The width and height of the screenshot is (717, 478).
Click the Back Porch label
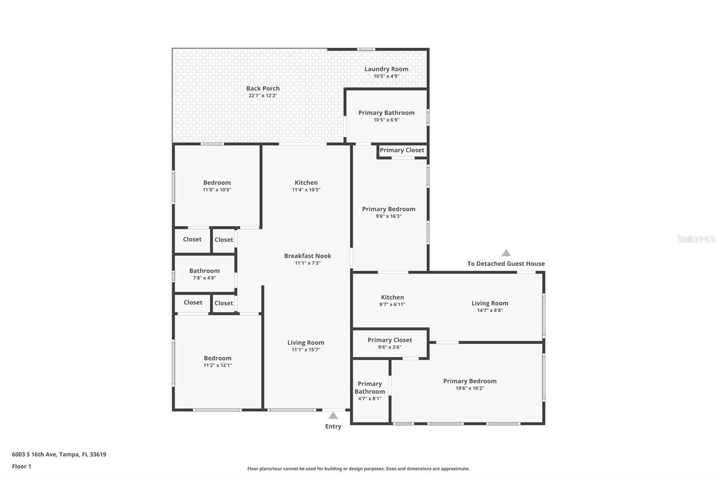pyautogui.click(x=263, y=88)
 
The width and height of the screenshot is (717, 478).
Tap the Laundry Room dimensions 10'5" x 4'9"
pyautogui.click(x=386, y=76)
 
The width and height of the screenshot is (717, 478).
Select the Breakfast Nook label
pyautogui.click(x=307, y=256)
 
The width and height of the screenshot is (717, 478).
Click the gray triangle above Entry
pyautogui.click(x=333, y=416)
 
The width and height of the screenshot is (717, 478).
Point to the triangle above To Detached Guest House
pyautogui.click(x=506, y=253)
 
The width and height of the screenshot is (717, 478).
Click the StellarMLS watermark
pyautogui.click(x=696, y=239)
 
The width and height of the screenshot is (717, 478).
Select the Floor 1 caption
pyautogui.click(x=22, y=466)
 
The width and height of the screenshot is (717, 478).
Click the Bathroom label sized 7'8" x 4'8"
pyautogui.click(x=204, y=271)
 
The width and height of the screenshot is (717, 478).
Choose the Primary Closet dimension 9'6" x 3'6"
pyautogui.click(x=389, y=347)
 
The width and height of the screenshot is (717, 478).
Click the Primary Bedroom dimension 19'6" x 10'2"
pyautogui.click(x=470, y=388)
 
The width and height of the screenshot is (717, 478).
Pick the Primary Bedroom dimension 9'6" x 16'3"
pyautogui.click(x=389, y=216)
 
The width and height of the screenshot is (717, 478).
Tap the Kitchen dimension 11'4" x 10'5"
pyautogui.click(x=306, y=190)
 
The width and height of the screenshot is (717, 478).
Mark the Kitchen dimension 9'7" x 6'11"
pyautogui.click(x=392, y=304)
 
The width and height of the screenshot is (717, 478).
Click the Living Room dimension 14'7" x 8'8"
pyautogui.click(x=490, y=310)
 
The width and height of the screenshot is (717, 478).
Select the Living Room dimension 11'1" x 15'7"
pyautogui.click(x=306, y=350)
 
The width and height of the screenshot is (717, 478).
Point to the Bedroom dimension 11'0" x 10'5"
pyautogui.click(x=217, y=190)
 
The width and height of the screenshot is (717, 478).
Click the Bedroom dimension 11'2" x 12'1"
pyautogui.click(x=217, y=365)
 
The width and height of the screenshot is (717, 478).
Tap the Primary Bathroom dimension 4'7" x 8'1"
pyautogui.click(x=370, y=399)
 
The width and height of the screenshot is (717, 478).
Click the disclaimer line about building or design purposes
pyautogui.click(x=358, y=469)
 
